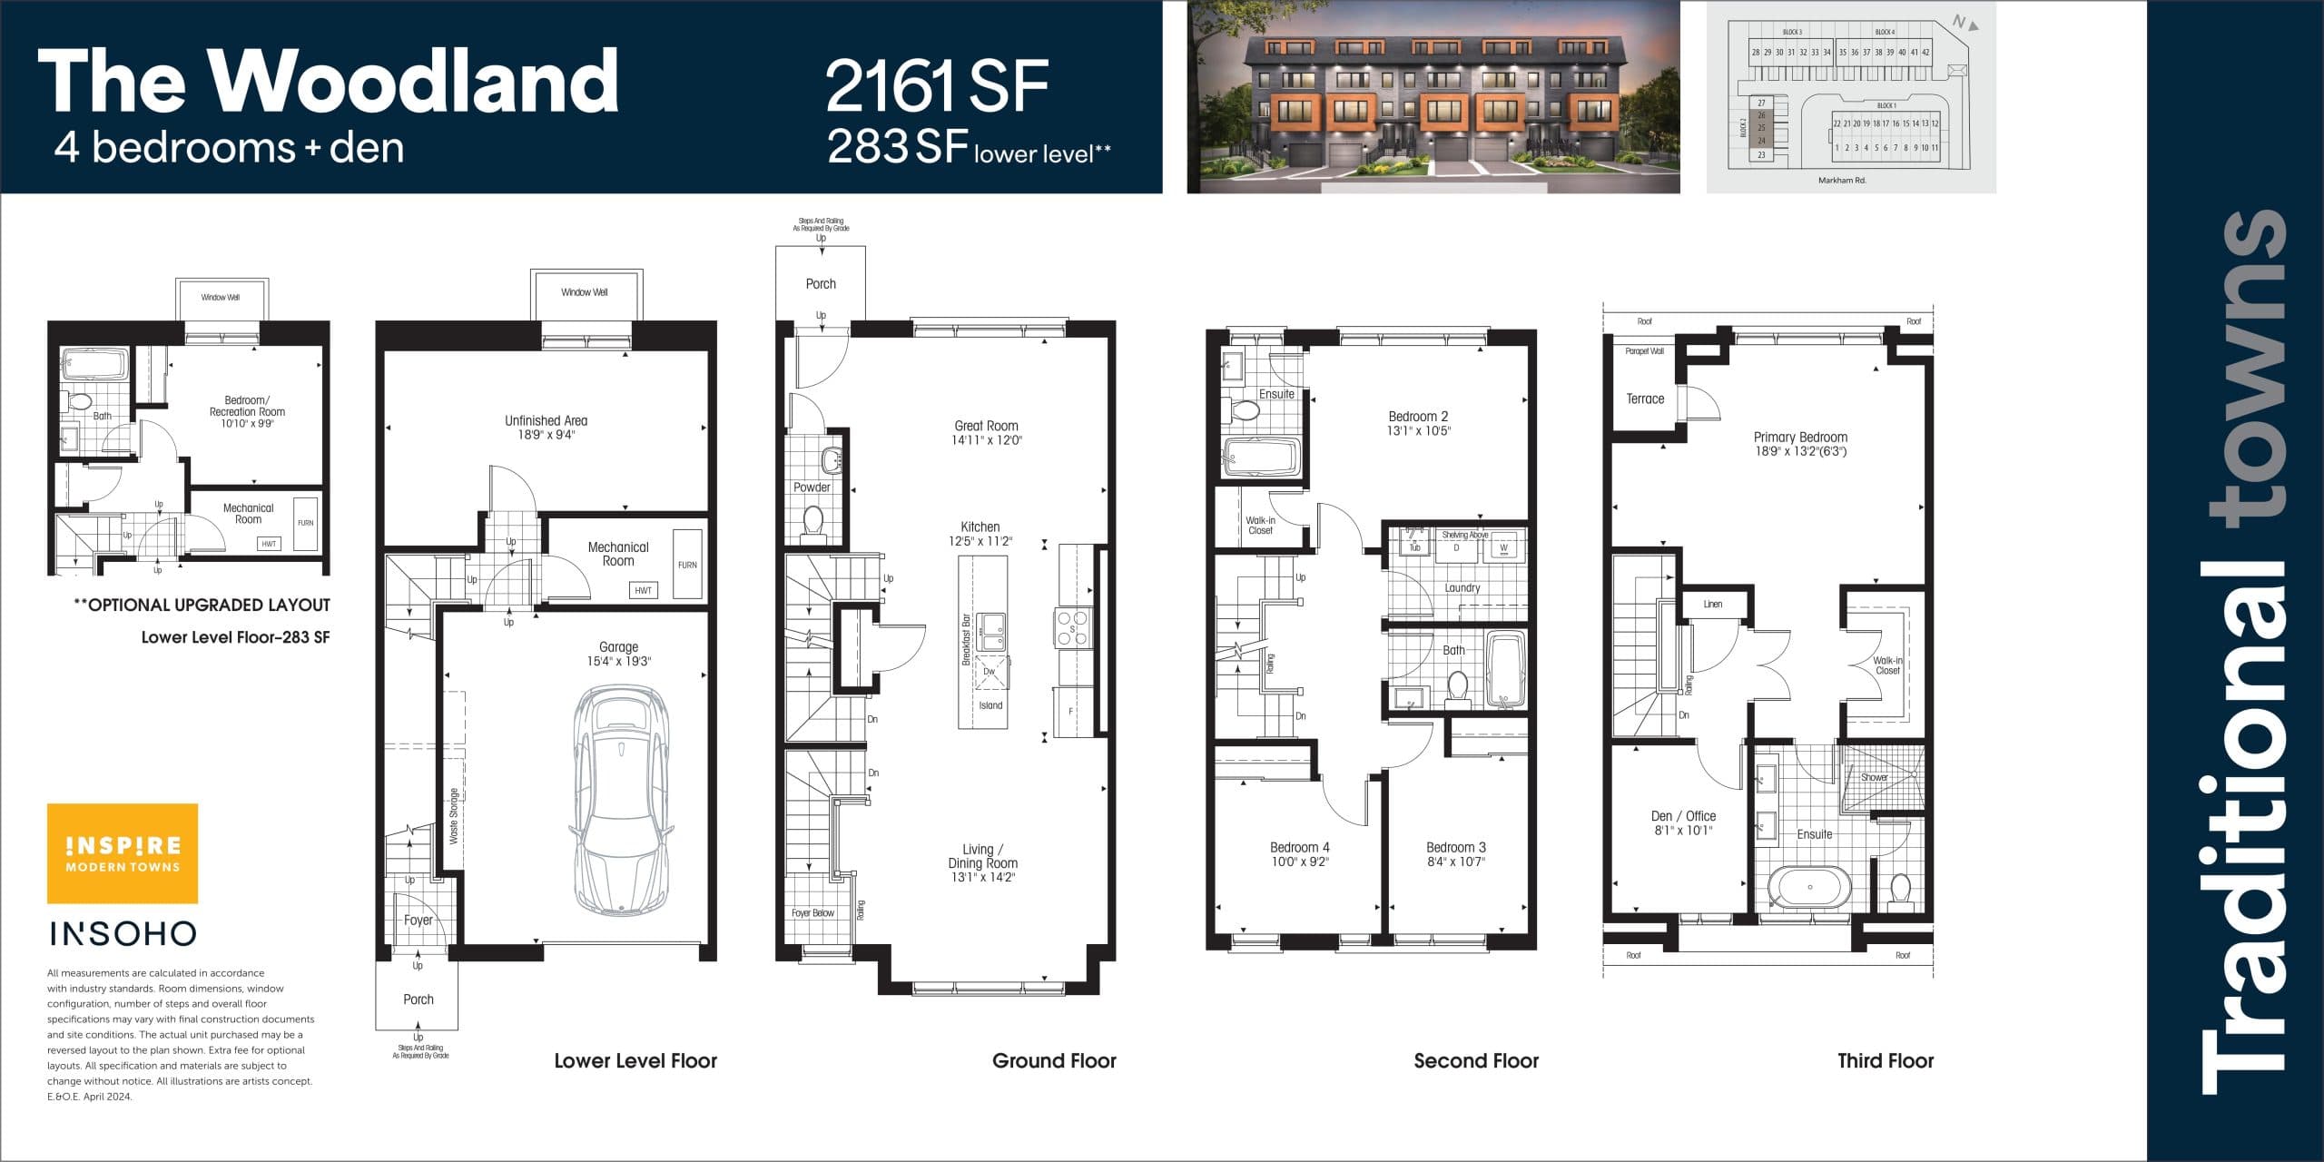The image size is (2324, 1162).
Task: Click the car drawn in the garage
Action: pos(622,799)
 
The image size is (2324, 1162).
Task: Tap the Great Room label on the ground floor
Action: pos(986,426)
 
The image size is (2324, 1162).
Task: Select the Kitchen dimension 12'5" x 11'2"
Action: pos(980,541)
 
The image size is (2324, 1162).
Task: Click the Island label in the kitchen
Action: pos(990,705)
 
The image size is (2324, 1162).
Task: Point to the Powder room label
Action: pos(812,487)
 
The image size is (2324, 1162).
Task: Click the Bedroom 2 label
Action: pos(1418,417)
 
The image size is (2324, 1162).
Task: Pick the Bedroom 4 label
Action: pos(1299,847)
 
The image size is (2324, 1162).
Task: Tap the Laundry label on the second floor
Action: pos(1462,588)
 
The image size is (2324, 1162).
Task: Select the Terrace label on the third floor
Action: pos(1645,399)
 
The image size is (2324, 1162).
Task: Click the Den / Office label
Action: pos(1682,816)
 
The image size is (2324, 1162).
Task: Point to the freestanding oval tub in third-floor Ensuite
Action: pos(1809,887)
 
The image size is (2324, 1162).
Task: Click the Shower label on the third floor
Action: pos(1874,777)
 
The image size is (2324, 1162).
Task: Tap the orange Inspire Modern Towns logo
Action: pos(123,853)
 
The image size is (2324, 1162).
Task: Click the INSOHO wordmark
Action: pos(123,933)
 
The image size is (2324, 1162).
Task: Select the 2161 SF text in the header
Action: pos(936,85)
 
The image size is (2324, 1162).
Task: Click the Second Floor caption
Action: pos(1475,1060)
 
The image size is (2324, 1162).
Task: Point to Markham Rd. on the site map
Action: pos(1842,181)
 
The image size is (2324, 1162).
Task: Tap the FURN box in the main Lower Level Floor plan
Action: pos(687,565)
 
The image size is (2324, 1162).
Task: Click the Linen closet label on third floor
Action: pos(1712,604)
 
